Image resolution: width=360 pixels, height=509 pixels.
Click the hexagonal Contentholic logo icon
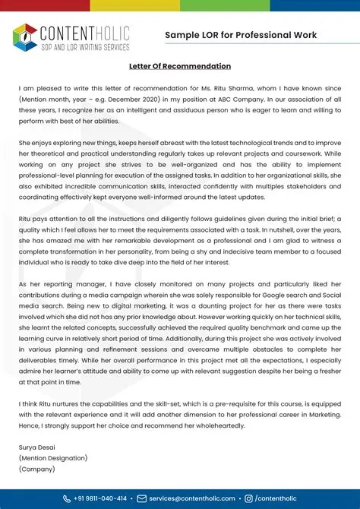tap(25, 36)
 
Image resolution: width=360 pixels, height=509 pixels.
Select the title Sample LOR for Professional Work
tap(241, 35)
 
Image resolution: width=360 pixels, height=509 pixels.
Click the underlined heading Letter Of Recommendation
tap(179, 67)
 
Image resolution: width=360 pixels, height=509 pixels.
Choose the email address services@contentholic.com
tap(191, 498)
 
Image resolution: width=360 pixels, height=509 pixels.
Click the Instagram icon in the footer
tap(248, 498)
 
